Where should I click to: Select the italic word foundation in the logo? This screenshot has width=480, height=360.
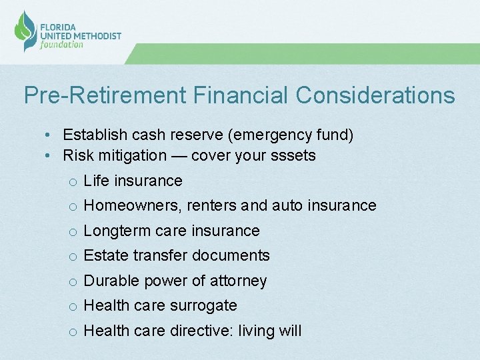coord(62,45)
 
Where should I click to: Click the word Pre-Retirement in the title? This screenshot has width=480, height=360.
coord(105,95)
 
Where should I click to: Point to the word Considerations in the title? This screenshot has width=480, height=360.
coord(375,95)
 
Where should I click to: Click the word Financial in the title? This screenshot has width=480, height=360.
coord(242,95)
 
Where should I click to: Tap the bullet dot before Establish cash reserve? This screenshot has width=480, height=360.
coord(50,135)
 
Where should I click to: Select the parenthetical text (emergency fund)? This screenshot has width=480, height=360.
coord(291,135)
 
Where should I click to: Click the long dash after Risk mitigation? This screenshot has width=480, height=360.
coord(179,156)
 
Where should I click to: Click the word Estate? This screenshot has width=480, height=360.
coord(106,255)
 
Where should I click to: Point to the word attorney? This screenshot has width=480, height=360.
coord(238,281)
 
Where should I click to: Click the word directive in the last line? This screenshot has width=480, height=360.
coord(199,331)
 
